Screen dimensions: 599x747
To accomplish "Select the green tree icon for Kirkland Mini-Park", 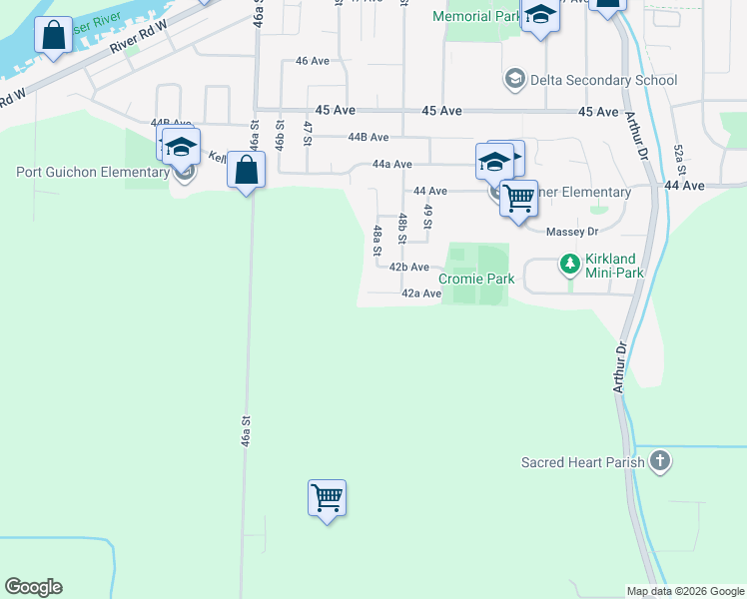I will (x=569, y=265).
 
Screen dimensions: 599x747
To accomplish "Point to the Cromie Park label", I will (x=477, y=280).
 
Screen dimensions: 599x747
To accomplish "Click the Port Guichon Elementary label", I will (x=92, y=172).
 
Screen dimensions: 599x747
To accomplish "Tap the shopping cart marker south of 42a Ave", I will (x=327, y=497).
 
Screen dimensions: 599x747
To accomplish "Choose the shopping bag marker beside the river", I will (x=53, y=37).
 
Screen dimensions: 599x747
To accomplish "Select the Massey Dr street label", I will (x=571, y=232).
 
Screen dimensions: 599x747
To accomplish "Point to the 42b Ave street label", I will (x=409, y=268).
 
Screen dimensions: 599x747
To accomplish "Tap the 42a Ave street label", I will (x=420, y=294).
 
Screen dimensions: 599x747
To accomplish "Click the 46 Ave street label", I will (x=313, y=61).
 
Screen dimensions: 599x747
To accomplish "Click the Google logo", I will (x=33, y=587).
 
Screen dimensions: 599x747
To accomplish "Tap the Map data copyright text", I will (x=685, y=591).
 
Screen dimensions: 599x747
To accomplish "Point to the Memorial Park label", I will (x=475, y=17).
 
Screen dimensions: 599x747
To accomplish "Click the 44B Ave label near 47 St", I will (x=368, y=138).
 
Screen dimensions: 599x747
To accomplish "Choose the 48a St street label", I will (x=377, y=242).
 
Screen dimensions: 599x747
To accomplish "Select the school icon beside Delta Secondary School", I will (x=515, y=79).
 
